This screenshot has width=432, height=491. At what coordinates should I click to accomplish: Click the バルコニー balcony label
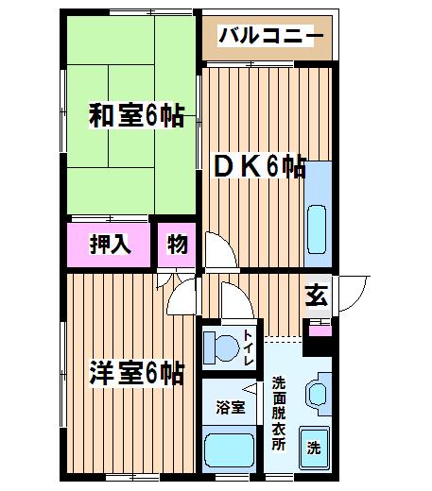pos(271,36)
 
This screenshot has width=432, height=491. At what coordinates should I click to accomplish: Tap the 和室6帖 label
pos(136,115)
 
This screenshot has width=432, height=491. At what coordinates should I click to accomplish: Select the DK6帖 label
pos(260,166)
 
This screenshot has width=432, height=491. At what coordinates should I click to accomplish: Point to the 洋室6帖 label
pos(137,373)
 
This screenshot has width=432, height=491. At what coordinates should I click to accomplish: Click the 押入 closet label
pos(111,245)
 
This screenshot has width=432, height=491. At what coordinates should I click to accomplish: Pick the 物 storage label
pos(178,245)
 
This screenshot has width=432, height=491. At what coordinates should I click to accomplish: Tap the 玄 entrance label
pos(317,295)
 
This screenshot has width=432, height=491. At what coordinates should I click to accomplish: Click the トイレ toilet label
pos(249,347)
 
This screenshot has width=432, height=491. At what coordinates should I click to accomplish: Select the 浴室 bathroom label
pos(231,407)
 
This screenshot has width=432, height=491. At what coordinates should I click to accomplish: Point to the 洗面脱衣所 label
pos(279,414)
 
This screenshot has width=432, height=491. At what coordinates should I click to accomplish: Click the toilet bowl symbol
pos(221,347)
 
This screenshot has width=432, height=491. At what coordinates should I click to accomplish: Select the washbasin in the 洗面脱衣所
pos(319,395)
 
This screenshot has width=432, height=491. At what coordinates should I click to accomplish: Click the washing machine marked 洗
pos(314,448)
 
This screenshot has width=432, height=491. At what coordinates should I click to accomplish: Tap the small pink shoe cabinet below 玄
pos(320,330)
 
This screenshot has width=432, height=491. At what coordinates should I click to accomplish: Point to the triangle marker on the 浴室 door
pos(251,388)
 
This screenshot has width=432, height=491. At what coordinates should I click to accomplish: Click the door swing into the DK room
pos(221,250)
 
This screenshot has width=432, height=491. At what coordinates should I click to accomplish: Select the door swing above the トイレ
pos(237,300)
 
